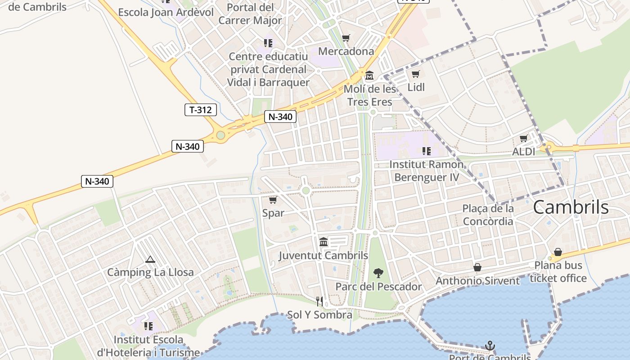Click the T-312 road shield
[x=201, y=109]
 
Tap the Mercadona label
[x=346, y=51]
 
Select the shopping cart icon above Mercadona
[x=346, y=38]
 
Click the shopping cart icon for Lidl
[x=416, y=74]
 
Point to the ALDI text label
[x=524, y=152]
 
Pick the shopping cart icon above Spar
[x=273, y=200]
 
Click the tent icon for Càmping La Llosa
[x=150, y=259]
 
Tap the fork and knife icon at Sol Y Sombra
[x=319, y=301]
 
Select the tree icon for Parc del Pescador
[x=378, y=273]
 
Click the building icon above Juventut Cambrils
[x=323, y=242]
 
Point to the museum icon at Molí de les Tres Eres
[x=369, y=76]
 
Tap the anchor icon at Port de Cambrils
[x=490, y=346]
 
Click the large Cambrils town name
[x=571, y=207]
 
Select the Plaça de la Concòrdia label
[x=488, y=215]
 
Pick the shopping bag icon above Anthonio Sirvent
[x=477, y=268]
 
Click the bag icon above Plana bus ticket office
[x=558, y=252]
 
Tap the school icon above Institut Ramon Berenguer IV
[x=426, y=151]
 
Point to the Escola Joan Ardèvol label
[x=166, y=12]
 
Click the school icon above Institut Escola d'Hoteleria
[x=148, y=326]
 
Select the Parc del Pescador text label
[x=378, y=287]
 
